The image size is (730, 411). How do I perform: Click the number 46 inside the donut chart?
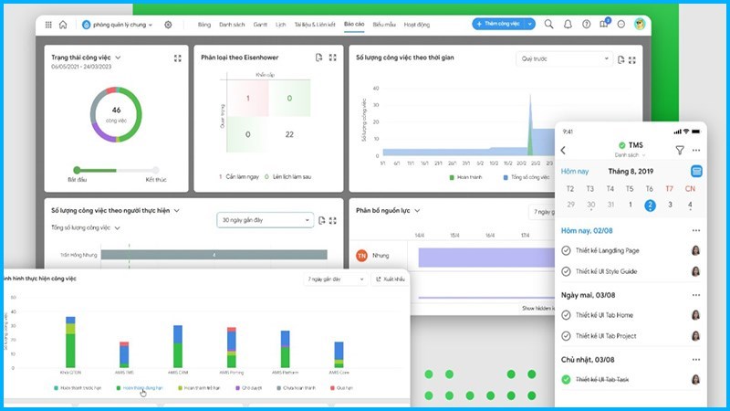[117, 110]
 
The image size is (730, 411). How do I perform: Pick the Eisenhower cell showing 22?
[289, 134]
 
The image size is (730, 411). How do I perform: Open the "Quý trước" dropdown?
[564, 58]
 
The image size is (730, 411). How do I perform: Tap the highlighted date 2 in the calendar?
[650, 205]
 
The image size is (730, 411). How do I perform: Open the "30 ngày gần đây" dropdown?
[266, 220]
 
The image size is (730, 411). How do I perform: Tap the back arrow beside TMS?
[563, 150]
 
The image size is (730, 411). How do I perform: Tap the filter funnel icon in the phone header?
[680, 150]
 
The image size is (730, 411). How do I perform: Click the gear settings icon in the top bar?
[168, 25]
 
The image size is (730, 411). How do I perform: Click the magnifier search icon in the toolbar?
[549, 25]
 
